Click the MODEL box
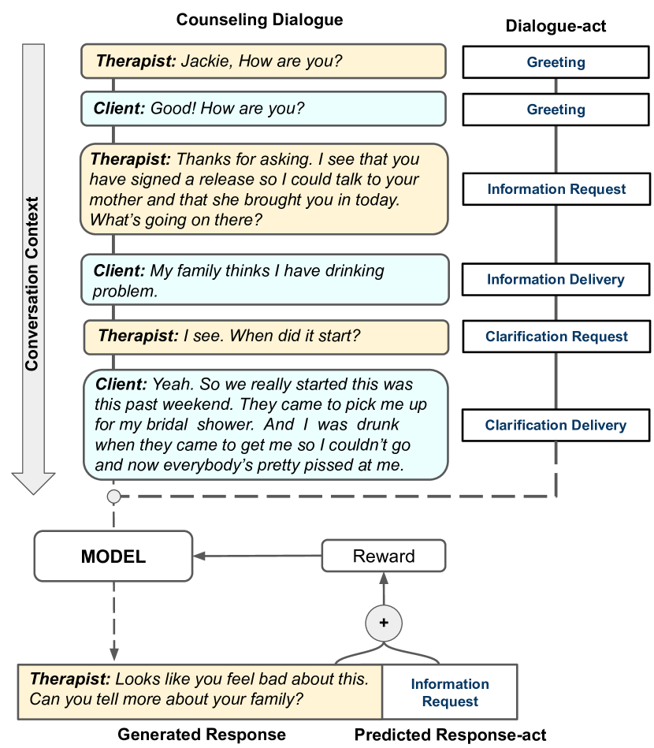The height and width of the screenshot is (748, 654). coord(113,556)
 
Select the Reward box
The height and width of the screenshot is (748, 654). coord(384,556)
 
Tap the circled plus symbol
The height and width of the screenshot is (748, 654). coord(384,622)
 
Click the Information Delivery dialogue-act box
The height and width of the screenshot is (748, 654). coord(556,280)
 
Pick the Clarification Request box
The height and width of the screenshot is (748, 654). coord(556,337)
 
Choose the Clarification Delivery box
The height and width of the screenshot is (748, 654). coord(556,426)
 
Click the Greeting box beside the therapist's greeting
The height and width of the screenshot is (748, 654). coord(556,62)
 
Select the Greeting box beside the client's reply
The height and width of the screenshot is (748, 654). coord(556,110)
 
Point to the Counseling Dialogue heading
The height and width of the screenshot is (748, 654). coord(259,20)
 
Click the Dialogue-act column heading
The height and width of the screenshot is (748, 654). coord(556,27)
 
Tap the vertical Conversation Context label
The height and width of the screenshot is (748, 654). coord(32,284)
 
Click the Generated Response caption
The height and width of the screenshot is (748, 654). coord(202,735)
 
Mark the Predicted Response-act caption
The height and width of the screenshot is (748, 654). coord(450,735)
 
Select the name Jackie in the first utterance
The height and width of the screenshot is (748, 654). coord(203,61)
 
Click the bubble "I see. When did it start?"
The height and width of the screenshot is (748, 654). coord(266,337)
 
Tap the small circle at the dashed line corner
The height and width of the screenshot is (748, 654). coord(113,497)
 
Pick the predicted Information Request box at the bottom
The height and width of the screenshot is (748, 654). coord(449,692)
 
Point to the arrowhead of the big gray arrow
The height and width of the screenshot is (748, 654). coord(32,482)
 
